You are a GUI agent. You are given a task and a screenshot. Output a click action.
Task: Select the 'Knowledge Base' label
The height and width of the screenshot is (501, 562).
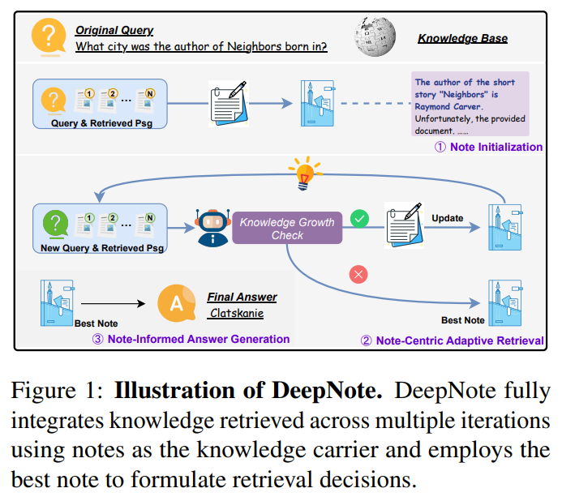[x=462, y=38]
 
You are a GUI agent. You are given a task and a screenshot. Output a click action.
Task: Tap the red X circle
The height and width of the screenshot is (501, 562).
[x=358, y=274]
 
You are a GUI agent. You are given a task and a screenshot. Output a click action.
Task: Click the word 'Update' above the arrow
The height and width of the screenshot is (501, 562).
[x=447, y=218]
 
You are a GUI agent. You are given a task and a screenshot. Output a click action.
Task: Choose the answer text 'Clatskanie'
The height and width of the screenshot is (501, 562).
[x=237, y=312]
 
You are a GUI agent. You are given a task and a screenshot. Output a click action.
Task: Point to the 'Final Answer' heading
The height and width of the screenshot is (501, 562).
[x=242, y=297]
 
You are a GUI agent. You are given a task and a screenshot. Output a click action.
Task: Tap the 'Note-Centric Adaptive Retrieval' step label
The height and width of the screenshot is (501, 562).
[x=452, y=340]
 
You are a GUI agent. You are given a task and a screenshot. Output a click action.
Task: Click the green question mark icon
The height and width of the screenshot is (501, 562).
[x=54, y=222]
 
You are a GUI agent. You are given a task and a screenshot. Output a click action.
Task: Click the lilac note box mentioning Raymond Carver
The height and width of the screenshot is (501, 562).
[x=470, y=103]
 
